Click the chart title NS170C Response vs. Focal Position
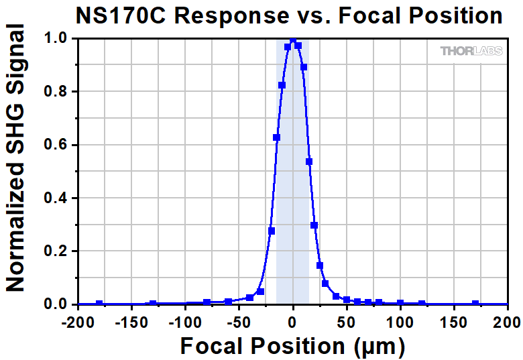(289, 15)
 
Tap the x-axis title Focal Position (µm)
(292, 346)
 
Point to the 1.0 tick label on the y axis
(56, 39)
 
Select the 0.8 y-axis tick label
(56, 92)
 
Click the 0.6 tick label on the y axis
(56, 145)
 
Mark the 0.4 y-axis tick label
(56, 198)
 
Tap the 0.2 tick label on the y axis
(56, 251)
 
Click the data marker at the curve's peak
(293, 42)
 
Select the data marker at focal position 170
(475, 304)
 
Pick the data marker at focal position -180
(99, 304)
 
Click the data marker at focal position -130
(153, 304)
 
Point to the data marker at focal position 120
(422, 304)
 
